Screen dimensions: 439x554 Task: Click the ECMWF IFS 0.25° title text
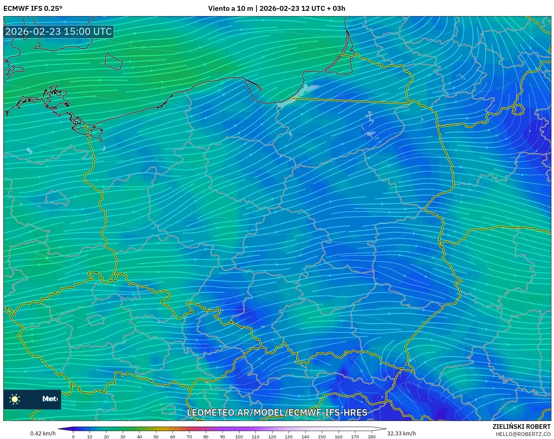33,9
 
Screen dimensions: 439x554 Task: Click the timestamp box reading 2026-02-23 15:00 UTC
58,32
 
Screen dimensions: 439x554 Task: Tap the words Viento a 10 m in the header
231,9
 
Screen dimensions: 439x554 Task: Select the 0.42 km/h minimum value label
43,433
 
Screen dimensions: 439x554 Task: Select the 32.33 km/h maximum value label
401,433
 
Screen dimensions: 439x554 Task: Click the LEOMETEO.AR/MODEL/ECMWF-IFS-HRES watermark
277,412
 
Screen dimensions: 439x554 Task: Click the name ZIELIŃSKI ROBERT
521,427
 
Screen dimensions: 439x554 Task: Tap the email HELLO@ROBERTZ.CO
523,434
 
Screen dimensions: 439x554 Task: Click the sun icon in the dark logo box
15,399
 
